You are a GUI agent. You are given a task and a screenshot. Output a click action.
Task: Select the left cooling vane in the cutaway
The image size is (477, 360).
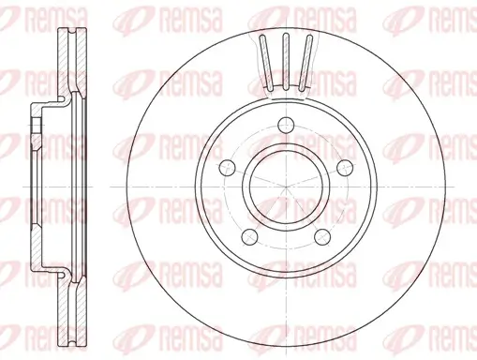click(265, 61)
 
